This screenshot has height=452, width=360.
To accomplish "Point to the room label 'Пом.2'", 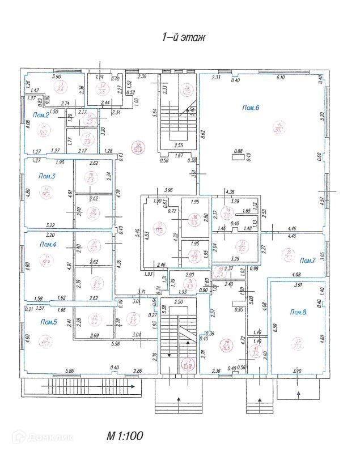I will point(41,115).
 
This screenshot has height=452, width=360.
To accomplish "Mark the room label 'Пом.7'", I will point(307,261).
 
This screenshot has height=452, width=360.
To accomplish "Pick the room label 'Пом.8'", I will point(298,312).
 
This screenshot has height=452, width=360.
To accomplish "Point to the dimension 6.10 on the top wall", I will point(279,78).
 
